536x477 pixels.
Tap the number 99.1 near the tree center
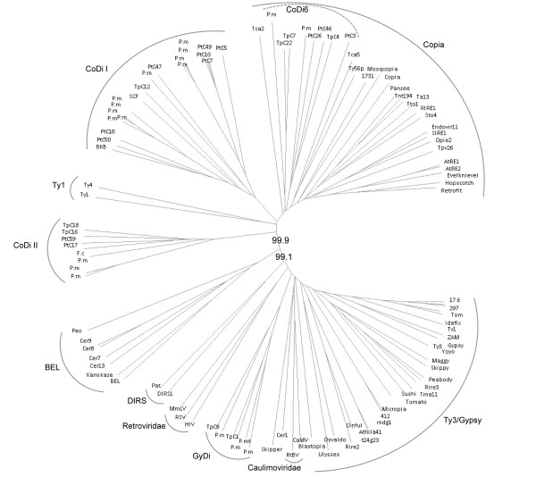(285, 257)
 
